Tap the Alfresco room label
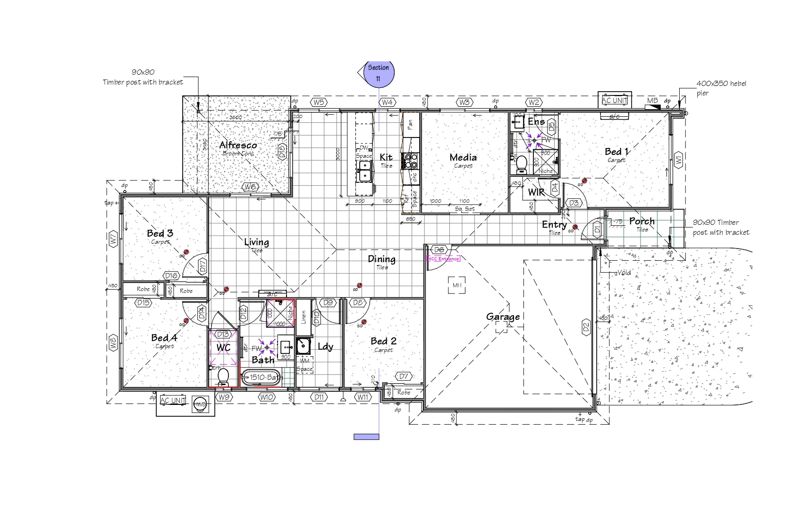pyautogui.click(x=238, y=145)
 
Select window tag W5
pyautogui.click(x=319, y=103)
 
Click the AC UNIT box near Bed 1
pyautogui.click(x=615, y=100)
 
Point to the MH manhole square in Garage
pyautogui.click(x=456, y=285)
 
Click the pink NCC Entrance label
pyautogui.click(x=443, y=258)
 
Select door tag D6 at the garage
pyautogui.click(x=439, y=249)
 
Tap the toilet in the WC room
pyautogui.click(x=223, y=377)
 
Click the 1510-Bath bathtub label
pyautogui.click(x=262, y=377)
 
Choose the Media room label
pyautogui.click(x=463, y=158)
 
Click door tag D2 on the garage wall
pyautogui.click(x=586, y=326)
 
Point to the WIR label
pyautogui.click(x=536, y=192)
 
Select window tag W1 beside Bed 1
pyautogui.click(x=678, y=160)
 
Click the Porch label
pyautogui.click(x=641, y=221)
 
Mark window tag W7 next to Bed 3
pyautogui.click(x=113, y=239)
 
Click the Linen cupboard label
pyautogui.click(x=304, y=317)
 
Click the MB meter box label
pyautogui.click(x=652, y=101)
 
